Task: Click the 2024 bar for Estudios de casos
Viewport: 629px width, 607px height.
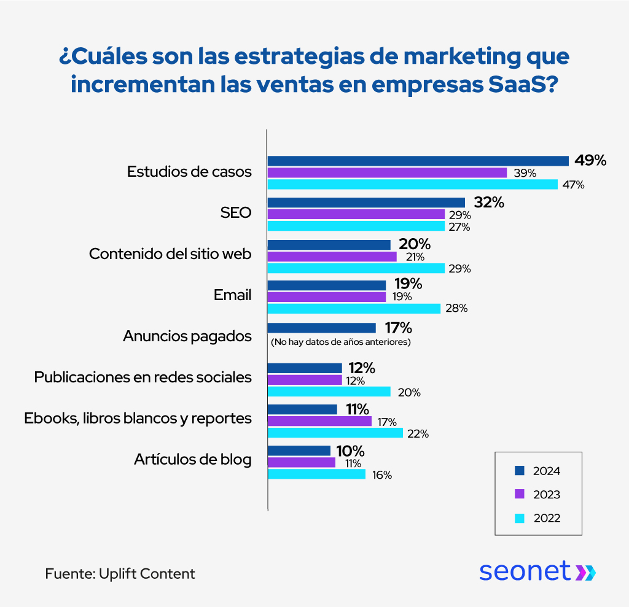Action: (418, 161)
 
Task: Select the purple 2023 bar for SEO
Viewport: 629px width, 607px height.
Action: (356, 214)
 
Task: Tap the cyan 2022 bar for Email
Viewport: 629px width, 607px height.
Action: (354, 308)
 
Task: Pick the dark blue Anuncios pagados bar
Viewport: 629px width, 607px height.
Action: (321, 328)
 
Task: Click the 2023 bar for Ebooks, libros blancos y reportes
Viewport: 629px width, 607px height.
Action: (319, 421)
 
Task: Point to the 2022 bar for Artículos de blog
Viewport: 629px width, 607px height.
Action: (316, 474)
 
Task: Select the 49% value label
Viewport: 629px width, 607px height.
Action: (590, 161)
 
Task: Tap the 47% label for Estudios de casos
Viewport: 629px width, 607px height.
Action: (572, 185)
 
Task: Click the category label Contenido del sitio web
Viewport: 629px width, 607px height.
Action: (170, 254)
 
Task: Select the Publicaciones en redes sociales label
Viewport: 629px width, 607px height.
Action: (143, 377)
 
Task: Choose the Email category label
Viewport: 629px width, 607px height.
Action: (232, 295)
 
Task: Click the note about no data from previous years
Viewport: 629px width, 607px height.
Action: (340, 342)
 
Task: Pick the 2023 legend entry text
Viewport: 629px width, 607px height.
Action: (546, 495)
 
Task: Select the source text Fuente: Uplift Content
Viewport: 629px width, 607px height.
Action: (120, 574)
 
